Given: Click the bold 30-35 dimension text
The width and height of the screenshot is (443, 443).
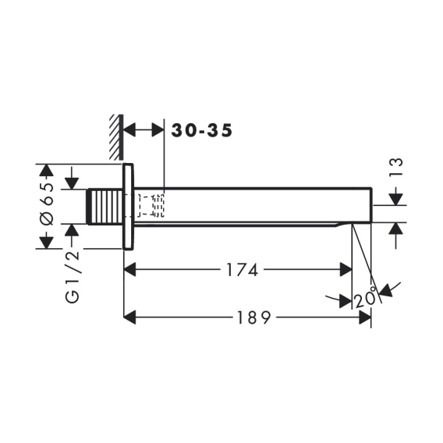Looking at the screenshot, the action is (202, 130).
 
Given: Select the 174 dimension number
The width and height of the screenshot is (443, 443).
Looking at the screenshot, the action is (243, 270).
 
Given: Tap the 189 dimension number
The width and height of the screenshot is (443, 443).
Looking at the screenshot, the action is (253, 317).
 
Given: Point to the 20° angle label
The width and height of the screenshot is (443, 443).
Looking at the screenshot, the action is (365, 298).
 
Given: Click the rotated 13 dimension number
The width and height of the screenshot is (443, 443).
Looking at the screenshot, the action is (396, 168).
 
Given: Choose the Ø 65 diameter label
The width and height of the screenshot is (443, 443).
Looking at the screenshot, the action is (47, 204).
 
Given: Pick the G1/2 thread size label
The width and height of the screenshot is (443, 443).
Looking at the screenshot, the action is (73, 277).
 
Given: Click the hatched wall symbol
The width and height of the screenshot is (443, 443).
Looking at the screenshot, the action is (116, 137).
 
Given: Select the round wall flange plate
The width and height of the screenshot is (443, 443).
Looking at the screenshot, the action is (128, 207).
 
